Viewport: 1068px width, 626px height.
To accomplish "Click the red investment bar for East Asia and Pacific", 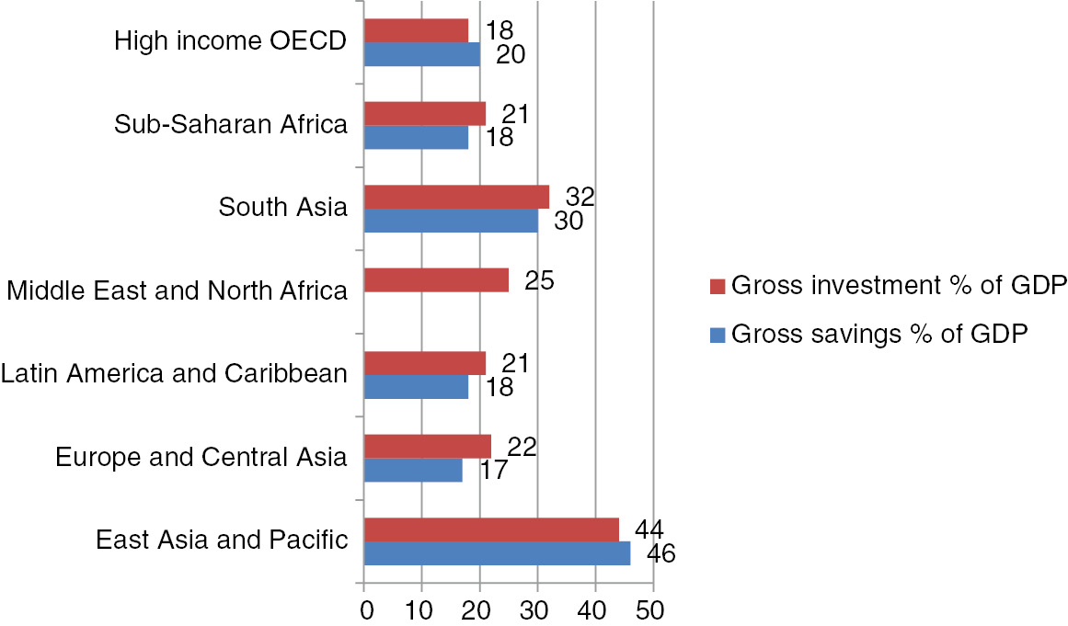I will (491, 529).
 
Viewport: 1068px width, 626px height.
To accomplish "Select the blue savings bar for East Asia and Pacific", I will (497, 553).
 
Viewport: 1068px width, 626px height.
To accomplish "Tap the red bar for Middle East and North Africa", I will (436, 280).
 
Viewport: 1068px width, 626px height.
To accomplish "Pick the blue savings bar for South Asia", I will (451, 221).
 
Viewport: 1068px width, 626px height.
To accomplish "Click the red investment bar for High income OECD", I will (416, 30).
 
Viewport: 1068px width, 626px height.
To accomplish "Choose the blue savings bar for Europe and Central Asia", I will (413, 470).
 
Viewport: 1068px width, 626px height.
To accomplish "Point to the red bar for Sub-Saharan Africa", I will (424, 113).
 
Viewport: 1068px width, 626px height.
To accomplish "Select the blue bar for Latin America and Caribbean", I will (416, 386).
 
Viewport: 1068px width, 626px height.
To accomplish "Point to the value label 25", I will (539, 280).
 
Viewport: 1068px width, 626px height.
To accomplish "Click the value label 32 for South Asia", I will (581, 197).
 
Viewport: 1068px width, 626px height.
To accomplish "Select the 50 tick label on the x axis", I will (652, 610).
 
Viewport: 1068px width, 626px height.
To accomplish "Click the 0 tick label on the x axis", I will (365, 610).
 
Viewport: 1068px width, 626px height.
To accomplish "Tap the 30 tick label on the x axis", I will (537, 610).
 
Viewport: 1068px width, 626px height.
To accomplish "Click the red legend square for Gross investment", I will (719, 286).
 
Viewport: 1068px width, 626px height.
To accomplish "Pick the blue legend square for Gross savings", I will (719, 334).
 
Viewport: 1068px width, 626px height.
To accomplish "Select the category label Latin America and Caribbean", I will (175, 374).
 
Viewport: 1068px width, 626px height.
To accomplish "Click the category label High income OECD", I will (231, 42).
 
